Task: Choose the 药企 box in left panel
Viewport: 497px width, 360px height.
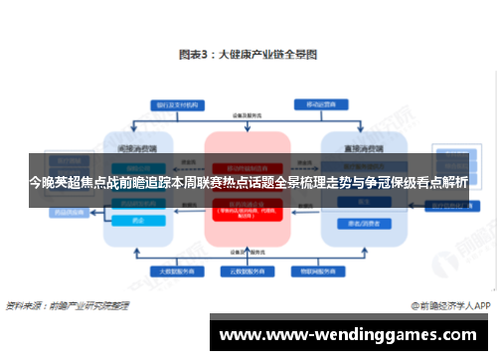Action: pos(138,220)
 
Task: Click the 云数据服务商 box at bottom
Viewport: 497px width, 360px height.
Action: pos(248,270)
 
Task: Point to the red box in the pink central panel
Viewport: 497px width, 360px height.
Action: pos(248,210)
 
